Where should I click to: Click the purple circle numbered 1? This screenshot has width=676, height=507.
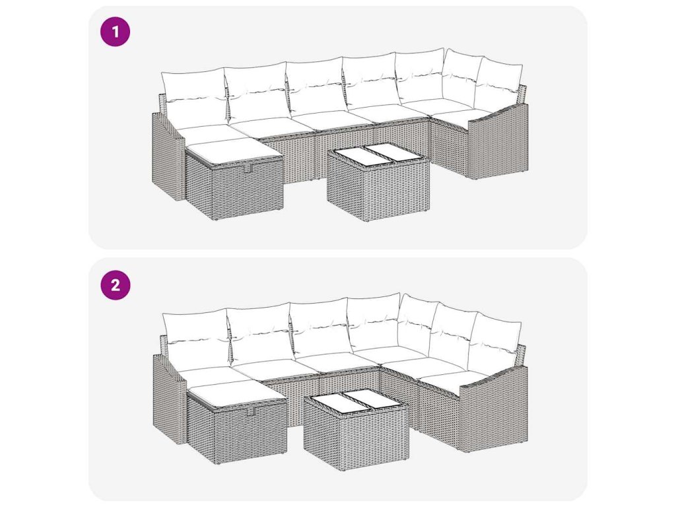pos(115,32)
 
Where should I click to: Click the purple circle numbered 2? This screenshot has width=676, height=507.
pos(115,285)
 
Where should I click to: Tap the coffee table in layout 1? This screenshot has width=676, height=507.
pos(378,182)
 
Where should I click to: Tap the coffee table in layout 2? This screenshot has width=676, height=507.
pos(356,426)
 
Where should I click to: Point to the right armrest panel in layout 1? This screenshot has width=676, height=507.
pos(498,143)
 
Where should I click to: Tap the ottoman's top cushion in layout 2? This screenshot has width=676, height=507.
pos(237,393)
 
